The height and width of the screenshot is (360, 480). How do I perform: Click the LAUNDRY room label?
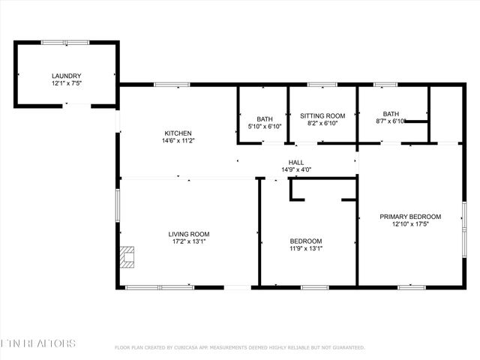pos(66,76)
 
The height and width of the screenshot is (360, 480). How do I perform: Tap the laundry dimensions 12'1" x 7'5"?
pos(66,84)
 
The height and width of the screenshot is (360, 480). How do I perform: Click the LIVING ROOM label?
pos(188,234)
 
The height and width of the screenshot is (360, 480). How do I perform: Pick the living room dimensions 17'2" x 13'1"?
pos(188,242)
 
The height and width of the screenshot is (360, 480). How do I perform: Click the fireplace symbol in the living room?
pos(128,257)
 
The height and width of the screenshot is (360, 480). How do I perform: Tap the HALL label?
pos(296,162)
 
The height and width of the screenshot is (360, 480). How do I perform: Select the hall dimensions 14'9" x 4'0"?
pos(296,170)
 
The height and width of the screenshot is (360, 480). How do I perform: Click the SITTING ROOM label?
pos(322,115)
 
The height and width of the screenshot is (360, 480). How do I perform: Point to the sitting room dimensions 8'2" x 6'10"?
pos(322,123)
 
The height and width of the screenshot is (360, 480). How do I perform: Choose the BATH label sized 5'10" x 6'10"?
pos(265,119)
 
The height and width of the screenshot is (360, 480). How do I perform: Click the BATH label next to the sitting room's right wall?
pos(391,113)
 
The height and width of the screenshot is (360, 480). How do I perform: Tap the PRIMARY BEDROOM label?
pos(410,217)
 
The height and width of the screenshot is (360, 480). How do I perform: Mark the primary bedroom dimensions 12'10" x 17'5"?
pos(410,225)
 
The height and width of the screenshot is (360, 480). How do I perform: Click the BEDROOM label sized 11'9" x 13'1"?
pos(306,241)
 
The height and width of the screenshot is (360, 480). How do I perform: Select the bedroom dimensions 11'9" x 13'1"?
pos(306,249)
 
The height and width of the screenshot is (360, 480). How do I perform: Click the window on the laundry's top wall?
pos(66,43)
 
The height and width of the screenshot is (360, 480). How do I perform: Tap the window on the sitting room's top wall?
pos(322,85)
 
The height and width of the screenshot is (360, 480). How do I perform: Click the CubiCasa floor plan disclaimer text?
pos(239,347)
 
